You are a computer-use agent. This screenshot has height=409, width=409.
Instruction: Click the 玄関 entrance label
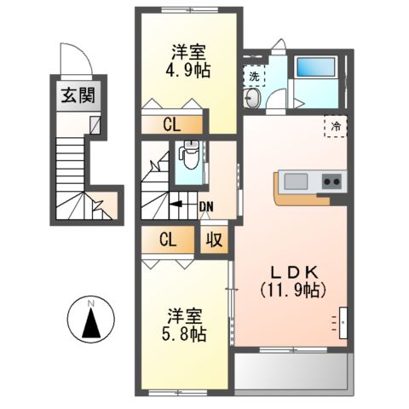click(76, 95)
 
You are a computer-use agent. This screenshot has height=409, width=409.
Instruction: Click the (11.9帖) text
click(293, 290)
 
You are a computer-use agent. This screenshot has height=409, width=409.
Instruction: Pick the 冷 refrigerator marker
click(337, 126)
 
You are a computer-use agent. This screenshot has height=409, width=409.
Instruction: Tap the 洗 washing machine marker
click(254, 76)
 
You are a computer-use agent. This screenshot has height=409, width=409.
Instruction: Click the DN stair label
click(205, 204)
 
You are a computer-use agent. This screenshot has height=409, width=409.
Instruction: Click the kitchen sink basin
click(297, 181)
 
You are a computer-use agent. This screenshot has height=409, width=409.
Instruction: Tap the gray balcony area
click(290, 372)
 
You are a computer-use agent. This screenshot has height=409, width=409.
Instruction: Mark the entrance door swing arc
click(82, 60)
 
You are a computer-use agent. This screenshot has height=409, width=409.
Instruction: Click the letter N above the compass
click(94, 301)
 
